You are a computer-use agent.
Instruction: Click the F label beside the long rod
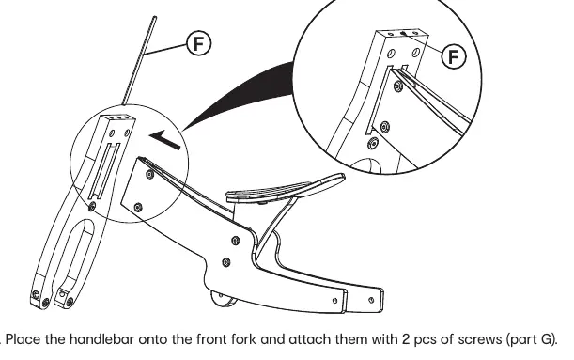pos(199,43)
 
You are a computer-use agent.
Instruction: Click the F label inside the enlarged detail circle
pos(454,56)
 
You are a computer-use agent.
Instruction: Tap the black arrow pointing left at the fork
pos(164,139)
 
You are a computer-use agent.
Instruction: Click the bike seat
pos(286,188)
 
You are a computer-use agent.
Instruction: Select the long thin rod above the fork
pos(140,61)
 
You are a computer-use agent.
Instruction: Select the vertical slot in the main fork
pos(105,171)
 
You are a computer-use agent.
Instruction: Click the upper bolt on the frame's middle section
pos(236,241)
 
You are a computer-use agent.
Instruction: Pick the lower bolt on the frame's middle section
pos(226,262)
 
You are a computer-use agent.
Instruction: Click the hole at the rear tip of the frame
pos(371,300)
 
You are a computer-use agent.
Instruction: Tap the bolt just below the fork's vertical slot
pos(92,207)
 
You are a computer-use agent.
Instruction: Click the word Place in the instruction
pos(23,339)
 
